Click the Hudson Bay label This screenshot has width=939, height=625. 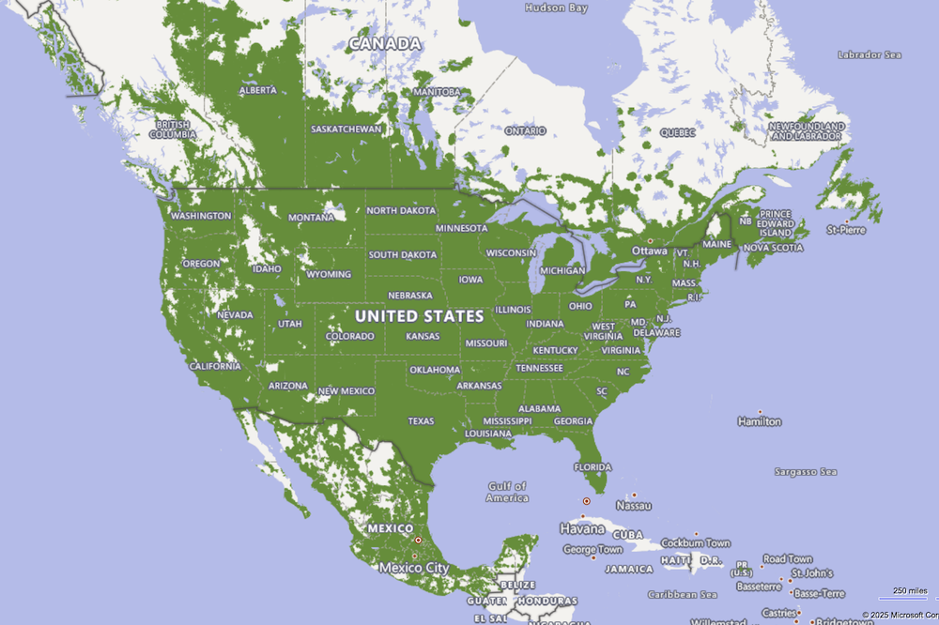pos(556,8)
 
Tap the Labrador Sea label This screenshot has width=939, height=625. pos(869,54)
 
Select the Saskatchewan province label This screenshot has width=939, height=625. pos(346,129)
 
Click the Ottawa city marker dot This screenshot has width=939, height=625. pos(650,241)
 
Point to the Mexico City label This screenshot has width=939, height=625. pos(413,568)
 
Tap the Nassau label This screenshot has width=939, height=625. pos(634,505)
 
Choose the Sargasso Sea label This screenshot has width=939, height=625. pos(805,471)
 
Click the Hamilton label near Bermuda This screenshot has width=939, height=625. pos(760,421)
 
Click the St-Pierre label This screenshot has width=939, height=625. pos(845,229)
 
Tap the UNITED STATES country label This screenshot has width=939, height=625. pos(419,316)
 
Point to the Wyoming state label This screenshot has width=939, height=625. pos(329,275)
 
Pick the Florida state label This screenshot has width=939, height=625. pos(593,467)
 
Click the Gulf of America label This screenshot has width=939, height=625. pos(507,492)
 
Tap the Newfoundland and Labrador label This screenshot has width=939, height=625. pos(805,131)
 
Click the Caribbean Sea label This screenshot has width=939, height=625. pos(683,594)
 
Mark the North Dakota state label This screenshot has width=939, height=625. pos(401,211)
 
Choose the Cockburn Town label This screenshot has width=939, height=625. pos(696,543)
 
